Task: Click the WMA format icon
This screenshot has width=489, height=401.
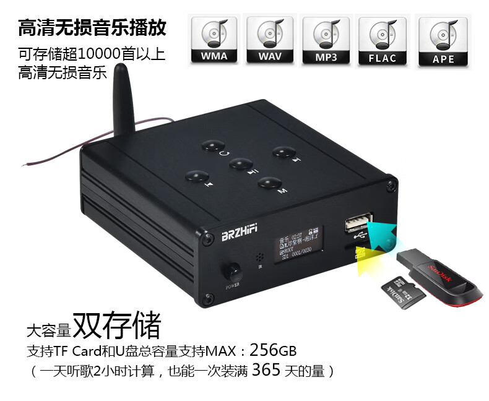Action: (x=214, y=40)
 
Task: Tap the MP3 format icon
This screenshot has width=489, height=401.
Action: (x=326, y=40)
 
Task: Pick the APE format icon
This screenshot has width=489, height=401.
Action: (x=443, y=40)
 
